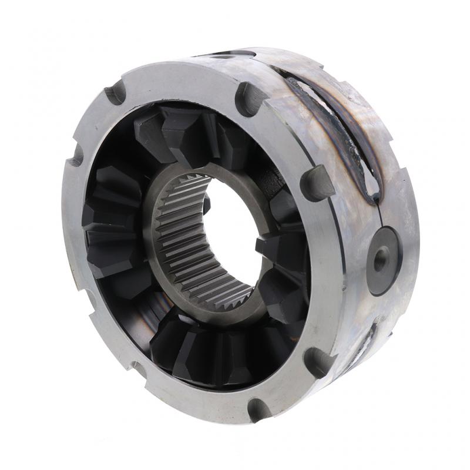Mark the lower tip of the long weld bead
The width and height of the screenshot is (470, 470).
coord(371,197)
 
